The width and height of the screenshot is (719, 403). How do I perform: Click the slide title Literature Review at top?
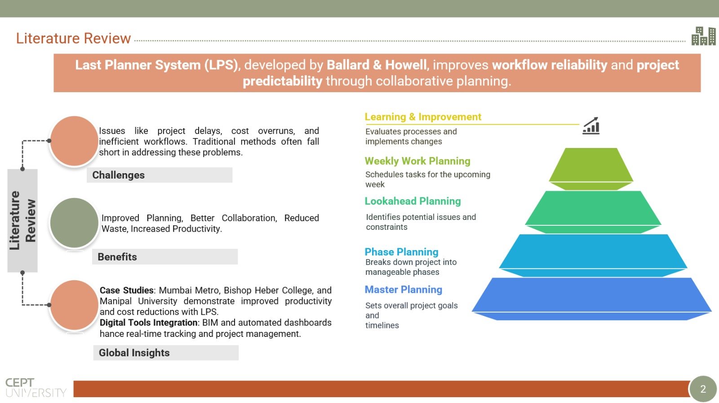(74, 38)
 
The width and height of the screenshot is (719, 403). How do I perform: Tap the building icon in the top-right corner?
(704, 36)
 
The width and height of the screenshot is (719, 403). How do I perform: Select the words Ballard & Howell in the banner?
(377, 65)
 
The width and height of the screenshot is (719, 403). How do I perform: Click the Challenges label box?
(160, 175)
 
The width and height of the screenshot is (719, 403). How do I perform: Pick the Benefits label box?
(165, 257)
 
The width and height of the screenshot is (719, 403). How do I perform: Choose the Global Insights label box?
(166, 353)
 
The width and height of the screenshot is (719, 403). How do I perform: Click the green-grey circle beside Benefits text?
(74, 223)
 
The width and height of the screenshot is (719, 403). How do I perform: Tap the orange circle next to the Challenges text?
(74, 141)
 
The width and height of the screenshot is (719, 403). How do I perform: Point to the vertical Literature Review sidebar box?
(22, 220)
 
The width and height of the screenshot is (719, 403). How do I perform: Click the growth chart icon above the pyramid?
(591, 125)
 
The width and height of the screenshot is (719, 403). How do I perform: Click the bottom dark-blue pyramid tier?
(591, 299)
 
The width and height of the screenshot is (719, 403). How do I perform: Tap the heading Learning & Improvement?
(423, 116)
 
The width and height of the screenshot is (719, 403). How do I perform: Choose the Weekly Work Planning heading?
(417, 161)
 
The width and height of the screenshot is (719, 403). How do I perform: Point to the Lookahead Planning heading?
(413, 201)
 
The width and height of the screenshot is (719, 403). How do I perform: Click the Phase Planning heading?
(401, 251)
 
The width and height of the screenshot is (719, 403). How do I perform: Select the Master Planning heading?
(403, 290)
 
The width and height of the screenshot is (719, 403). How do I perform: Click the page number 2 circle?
(703, 389)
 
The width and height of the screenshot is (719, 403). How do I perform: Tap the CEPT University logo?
(36, 388)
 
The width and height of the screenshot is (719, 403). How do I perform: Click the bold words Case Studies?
(126, 290)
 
